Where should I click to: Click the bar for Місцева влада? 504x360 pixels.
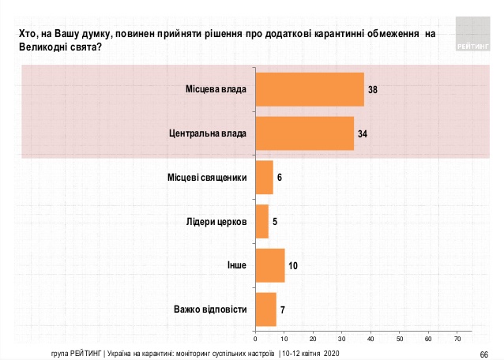coord(310,89)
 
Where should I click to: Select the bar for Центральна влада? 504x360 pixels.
coord(304,133)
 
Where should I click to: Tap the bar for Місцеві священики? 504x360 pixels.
coord(264,178)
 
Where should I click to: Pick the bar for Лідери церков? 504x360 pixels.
coord(262,221)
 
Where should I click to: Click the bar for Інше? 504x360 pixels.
coord(269,265)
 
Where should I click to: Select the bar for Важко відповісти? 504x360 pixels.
coord(265,309)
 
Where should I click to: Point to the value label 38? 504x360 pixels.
coord(372,90)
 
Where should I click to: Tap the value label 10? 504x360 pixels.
coord(292,266)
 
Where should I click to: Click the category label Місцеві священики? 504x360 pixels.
coord(208,178)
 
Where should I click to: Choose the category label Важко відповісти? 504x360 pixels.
coord(210,309)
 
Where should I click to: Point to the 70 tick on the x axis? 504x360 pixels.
coord(457,338)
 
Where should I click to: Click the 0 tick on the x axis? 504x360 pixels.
coord(255,338)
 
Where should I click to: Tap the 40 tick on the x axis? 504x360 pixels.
coord(370,338)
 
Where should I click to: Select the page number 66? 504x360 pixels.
coord(484,353)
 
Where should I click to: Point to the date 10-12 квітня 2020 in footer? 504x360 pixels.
coord(311,352)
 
